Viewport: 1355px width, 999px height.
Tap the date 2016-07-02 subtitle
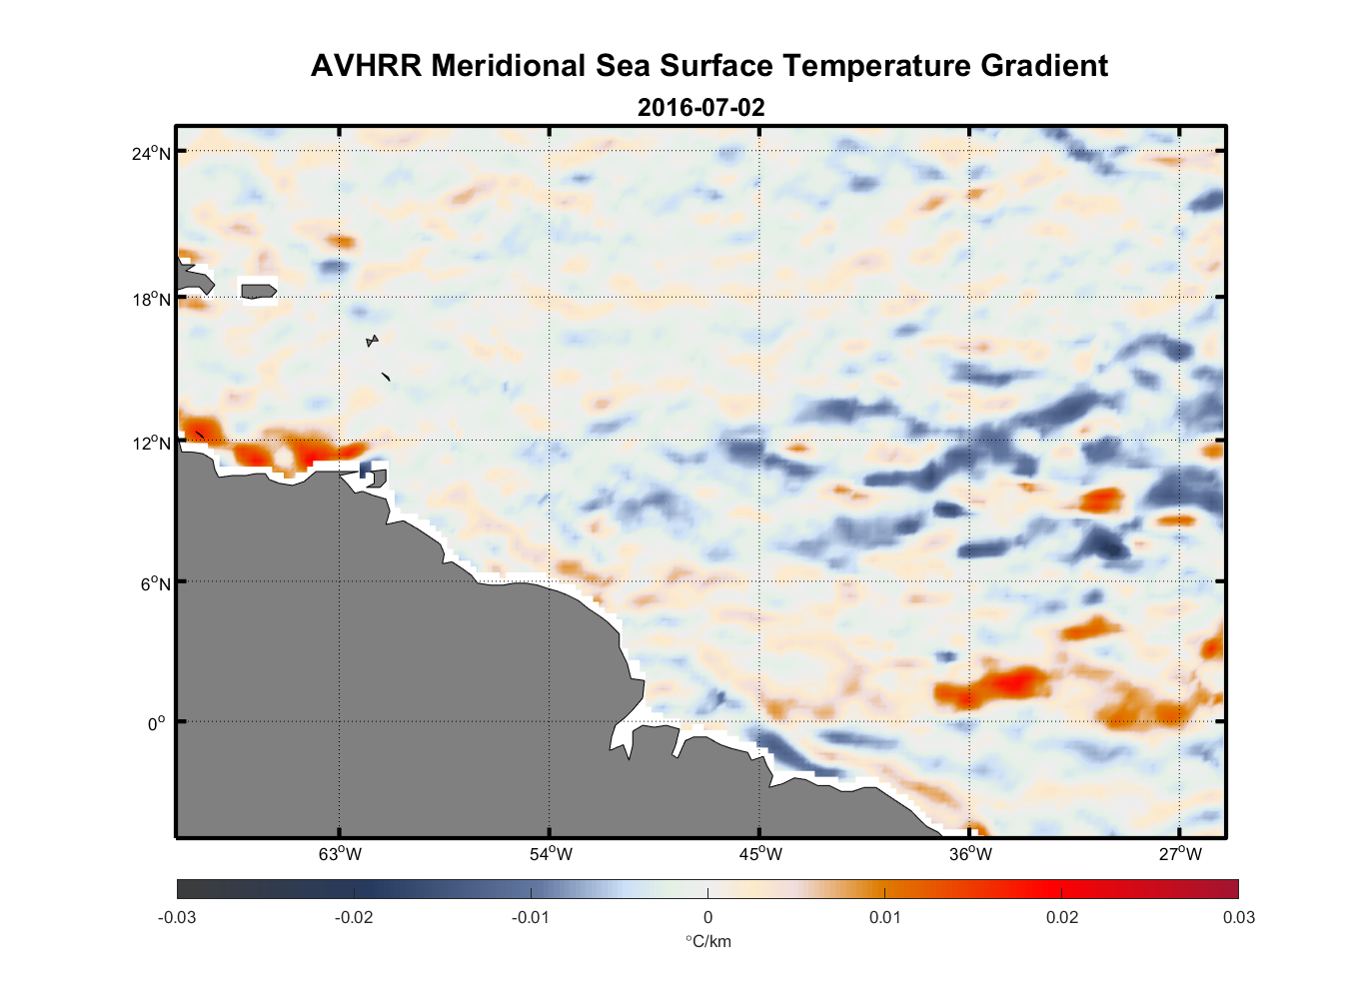click(700, 107)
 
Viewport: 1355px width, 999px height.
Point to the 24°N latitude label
click(150, 153)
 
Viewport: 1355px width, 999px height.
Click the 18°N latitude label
click(150, 299)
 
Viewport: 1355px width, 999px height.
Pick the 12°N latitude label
click(150, 443)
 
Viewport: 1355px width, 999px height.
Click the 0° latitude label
click(157, 723)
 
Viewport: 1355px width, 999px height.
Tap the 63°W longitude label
click(340, 854)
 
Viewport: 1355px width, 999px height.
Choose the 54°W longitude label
click(550, 854)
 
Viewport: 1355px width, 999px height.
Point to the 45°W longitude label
click(759, 854)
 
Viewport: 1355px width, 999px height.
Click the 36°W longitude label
click(970, 854)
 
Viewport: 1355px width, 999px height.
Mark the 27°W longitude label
click(1180, 854)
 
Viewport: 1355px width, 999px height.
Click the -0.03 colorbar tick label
click(177, 917)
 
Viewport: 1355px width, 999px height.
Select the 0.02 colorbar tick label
click(1062, 917)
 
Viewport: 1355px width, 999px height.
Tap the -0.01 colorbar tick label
click(530, 917)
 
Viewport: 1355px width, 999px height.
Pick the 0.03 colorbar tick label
click(1238, 917)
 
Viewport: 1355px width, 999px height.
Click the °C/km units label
click(707, 941)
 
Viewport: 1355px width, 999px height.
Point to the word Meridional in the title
click(509, 66)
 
